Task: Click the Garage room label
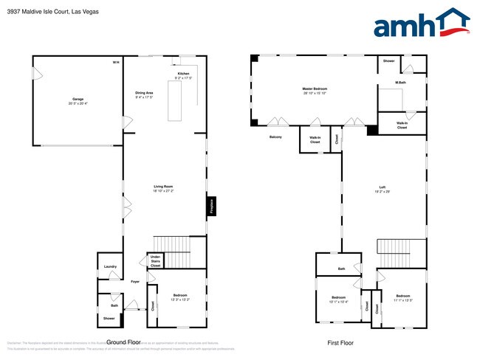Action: (78, 100)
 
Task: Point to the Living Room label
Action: (163, 188)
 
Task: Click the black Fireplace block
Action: (210, 205)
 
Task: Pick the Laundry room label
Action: (110, 266)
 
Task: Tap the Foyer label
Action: (135, 282)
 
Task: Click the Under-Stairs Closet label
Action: (156, 261)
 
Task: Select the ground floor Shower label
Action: (109, 318)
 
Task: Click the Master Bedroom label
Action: (315, 90)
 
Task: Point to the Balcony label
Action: (275, 136)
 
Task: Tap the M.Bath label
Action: (400, 83)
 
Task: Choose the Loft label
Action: (382, 188)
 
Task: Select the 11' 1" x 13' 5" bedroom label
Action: (402, 298)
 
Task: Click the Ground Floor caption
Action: (123, 342)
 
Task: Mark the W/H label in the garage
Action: (115, 62)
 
